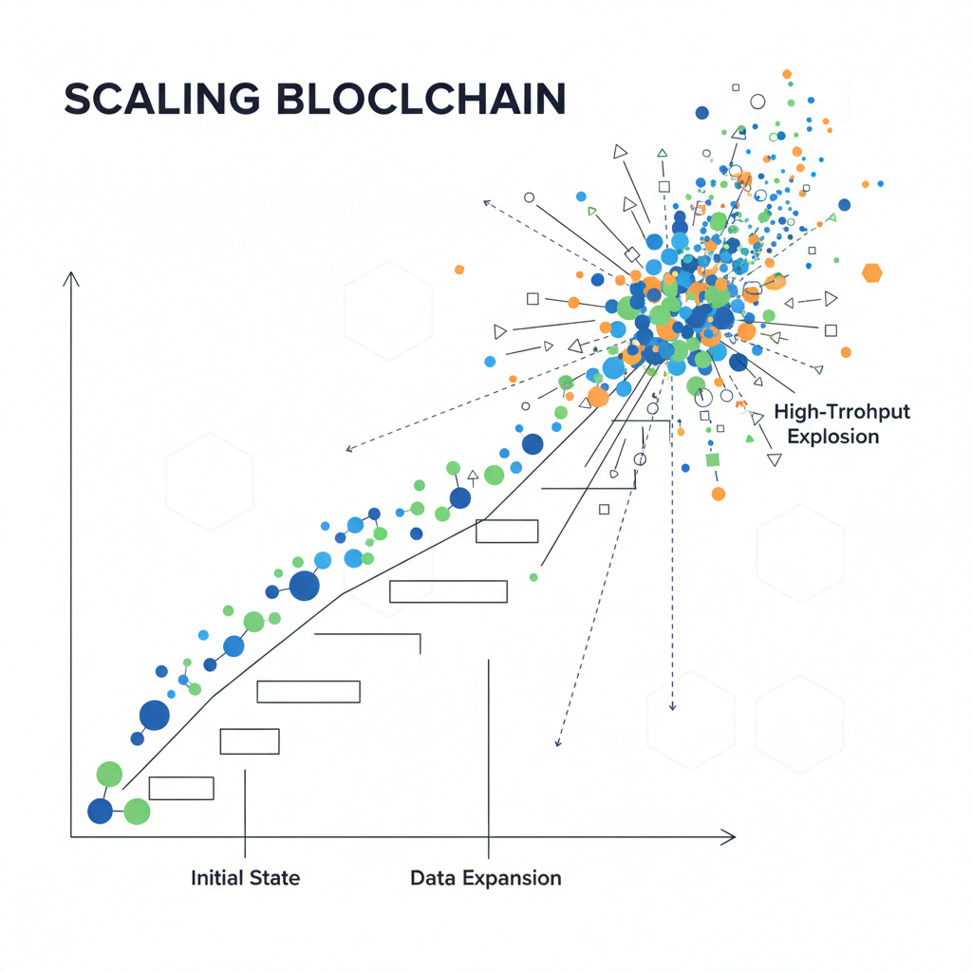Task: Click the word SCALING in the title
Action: point(160,100)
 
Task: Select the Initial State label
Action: point(245,878)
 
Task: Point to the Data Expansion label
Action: point(485,878)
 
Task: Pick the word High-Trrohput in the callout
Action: point(841,412)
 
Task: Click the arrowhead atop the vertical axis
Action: point(71,277)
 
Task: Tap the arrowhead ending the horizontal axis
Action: point(729,836)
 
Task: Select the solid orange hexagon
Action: point(871,273)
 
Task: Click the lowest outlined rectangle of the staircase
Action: point(181,788)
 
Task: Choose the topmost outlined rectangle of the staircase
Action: point(507,532)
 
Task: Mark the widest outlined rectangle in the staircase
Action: point(448,591)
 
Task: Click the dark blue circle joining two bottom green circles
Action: point(100,811)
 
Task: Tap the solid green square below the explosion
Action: point(713,460)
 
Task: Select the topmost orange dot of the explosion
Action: point(787,73)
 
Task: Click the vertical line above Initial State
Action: point(245,807)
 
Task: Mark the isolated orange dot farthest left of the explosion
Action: point(459,270)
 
